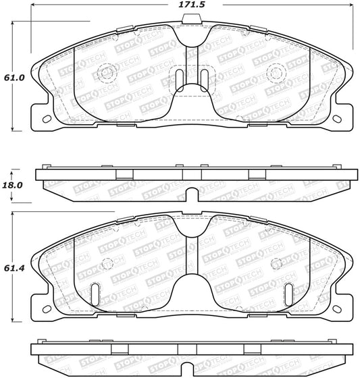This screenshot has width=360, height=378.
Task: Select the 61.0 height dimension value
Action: [x=14, y=77]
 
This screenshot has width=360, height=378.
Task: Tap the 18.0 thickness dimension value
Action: [x=14, y=184]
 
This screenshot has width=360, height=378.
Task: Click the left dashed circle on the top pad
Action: [x=107, y=73]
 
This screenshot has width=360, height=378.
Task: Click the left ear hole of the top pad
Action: [x=46, y=119]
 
